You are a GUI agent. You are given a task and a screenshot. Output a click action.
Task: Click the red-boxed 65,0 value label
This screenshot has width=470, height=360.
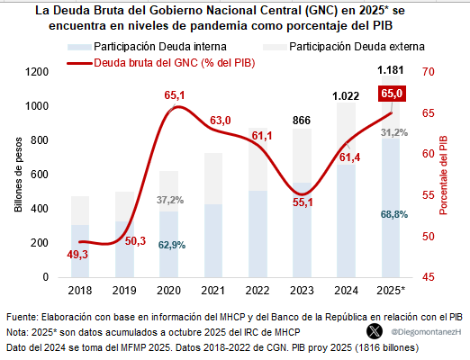tap(392, 93)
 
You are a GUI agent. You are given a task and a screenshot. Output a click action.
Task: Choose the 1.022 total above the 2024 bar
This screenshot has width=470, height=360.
tap(347, 96)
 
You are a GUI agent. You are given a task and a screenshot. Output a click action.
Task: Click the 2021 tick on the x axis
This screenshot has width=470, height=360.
tap(214, 291)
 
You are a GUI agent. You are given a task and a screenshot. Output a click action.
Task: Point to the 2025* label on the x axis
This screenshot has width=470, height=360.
tap(392, 291)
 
